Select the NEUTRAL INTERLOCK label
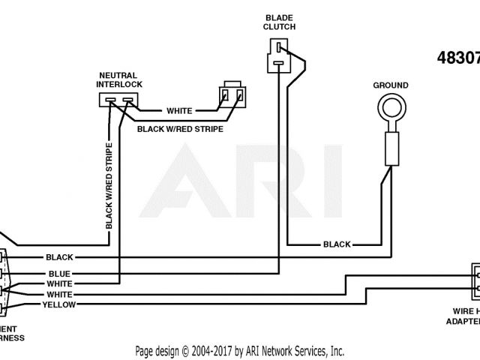[x=121, y=80]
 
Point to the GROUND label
[x=391, y=85]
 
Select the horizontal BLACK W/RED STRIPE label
[x=180, y=128]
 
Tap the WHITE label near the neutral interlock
[x=179, y=111]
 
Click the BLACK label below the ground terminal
[x=337, y=244]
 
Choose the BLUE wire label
[x=59, y=274]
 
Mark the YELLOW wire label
[x=58, y=305]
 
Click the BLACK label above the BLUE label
[x=59, y=257]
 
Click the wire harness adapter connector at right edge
[x=475, y=280]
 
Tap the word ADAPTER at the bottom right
[x=460, y=321]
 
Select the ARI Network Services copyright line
[x=240, y=350]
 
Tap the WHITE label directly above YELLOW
[x=59, y=295]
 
